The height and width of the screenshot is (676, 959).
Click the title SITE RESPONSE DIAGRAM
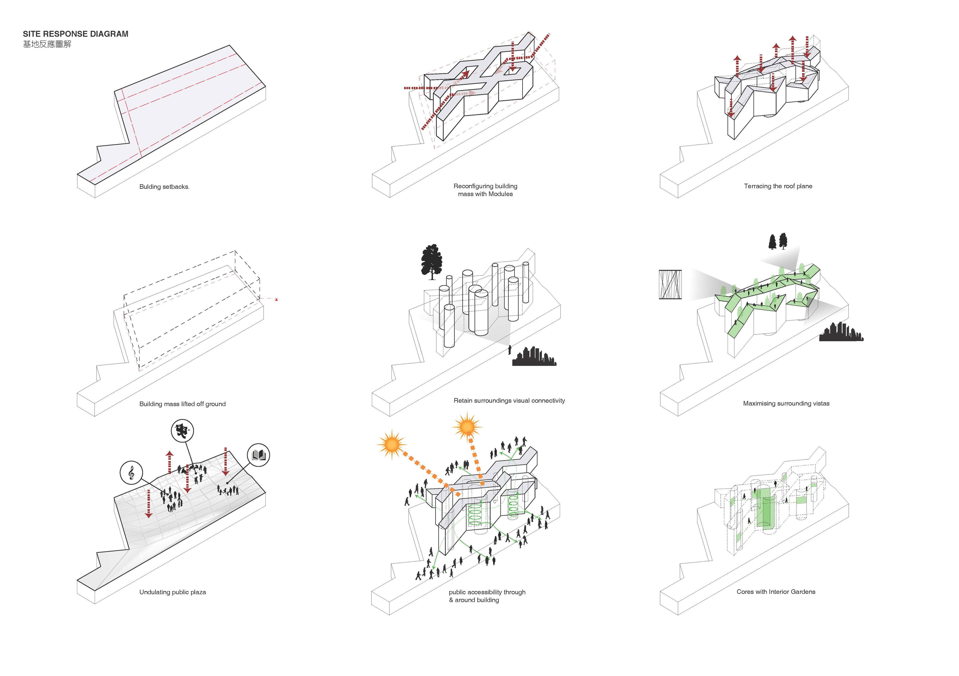(76, 34)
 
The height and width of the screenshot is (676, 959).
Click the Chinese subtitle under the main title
(47, 44)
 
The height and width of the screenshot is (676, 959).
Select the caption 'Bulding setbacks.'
(164, 187)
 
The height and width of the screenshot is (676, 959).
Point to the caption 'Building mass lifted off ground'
(182, 404)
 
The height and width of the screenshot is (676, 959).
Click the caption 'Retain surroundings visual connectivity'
(509, 401)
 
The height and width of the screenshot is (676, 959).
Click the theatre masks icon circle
(182, 431)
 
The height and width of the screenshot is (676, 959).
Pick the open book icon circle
(258, 455)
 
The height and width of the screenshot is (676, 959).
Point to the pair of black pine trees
(778, 241)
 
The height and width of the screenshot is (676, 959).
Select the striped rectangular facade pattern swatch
(670, 284)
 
